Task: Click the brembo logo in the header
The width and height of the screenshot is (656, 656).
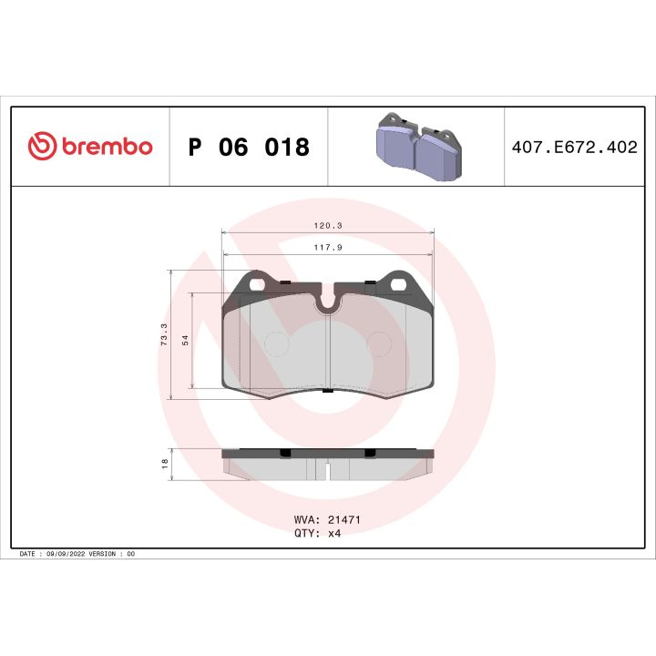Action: (89, 147)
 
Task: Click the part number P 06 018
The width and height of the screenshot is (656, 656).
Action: (248, 147)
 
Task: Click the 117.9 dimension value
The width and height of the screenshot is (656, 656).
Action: (328, 246)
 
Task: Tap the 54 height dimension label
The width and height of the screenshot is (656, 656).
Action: (185, 340)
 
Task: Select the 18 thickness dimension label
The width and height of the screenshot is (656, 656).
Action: (164, 463)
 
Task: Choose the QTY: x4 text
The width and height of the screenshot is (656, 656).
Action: (317, 534)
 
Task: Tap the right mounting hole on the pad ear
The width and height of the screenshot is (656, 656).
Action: (399, 284)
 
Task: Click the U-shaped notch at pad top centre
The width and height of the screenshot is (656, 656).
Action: (327, 303)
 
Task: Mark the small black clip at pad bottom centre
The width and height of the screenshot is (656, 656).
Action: (327, 391)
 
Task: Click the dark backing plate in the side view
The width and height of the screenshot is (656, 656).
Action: (328, 452)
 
